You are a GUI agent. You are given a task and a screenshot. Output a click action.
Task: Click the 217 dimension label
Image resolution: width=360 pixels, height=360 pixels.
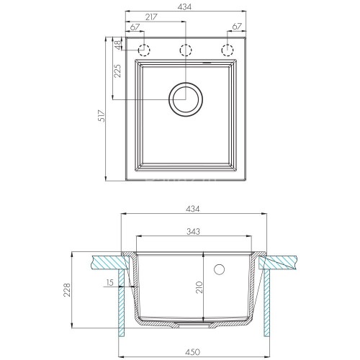[x=151, y=17]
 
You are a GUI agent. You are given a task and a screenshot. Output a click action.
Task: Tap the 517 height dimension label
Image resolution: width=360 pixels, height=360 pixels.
[x=102, y=116]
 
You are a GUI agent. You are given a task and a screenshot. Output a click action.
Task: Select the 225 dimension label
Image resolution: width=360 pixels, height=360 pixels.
[x=117, y=71]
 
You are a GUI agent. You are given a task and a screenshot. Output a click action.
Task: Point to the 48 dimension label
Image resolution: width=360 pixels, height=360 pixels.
[x=118, y=45]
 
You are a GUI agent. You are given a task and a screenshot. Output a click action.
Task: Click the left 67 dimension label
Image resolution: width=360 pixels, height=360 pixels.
[x=135, y=27]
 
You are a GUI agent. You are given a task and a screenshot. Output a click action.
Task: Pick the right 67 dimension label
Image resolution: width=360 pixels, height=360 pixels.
[x=237, y=27]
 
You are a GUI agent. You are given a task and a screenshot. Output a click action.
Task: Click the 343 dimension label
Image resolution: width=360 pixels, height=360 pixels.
[x=193, y=231]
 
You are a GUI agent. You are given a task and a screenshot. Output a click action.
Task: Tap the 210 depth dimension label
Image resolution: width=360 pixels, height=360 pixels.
[x=199, y=287]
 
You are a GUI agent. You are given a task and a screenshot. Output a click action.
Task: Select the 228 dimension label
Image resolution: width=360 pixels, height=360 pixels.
[x=67, y=290]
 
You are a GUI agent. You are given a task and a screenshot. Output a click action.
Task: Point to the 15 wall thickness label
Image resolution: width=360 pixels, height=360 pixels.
[x=109, y=282]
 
